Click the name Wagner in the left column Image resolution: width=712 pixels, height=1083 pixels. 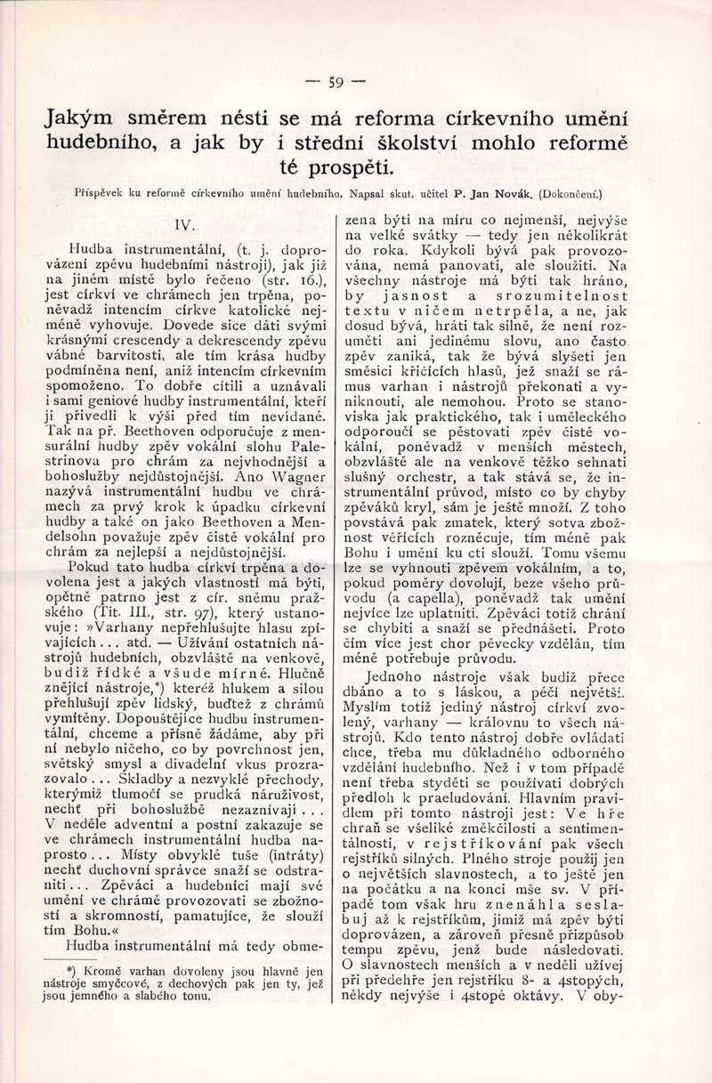coord(291,476)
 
